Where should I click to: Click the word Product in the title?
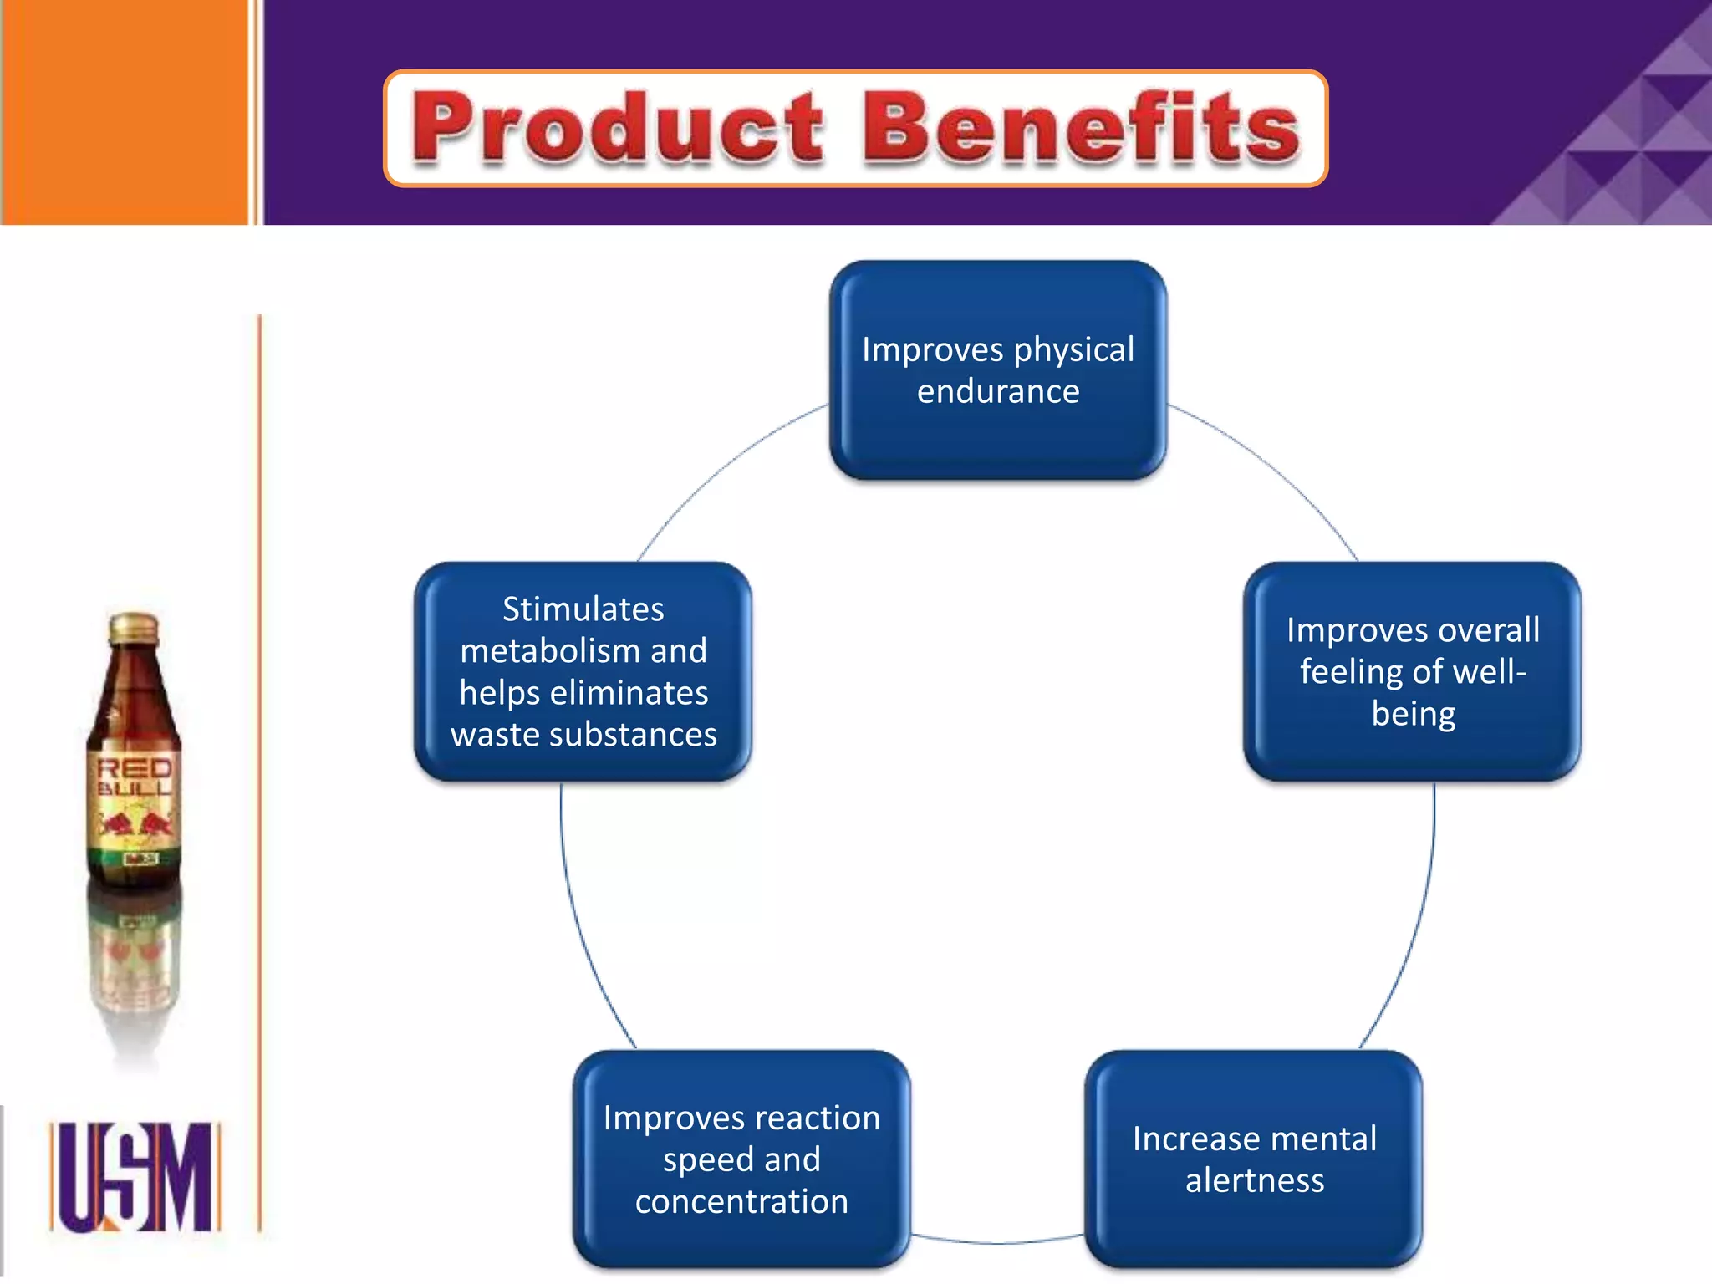click(617, 127)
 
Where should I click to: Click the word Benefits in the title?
click(1081, 127)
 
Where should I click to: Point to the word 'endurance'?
click(998, 391)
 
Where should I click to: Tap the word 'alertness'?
click(1254, 1180)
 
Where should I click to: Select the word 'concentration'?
click(741, 1201)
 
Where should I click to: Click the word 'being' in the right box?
click(1413, 714)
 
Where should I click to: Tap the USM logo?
click(135, 1176)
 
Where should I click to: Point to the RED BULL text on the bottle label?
click(135, 777)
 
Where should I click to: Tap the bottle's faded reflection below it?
click(135, 961)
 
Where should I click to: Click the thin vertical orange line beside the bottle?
click(260, 752)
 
